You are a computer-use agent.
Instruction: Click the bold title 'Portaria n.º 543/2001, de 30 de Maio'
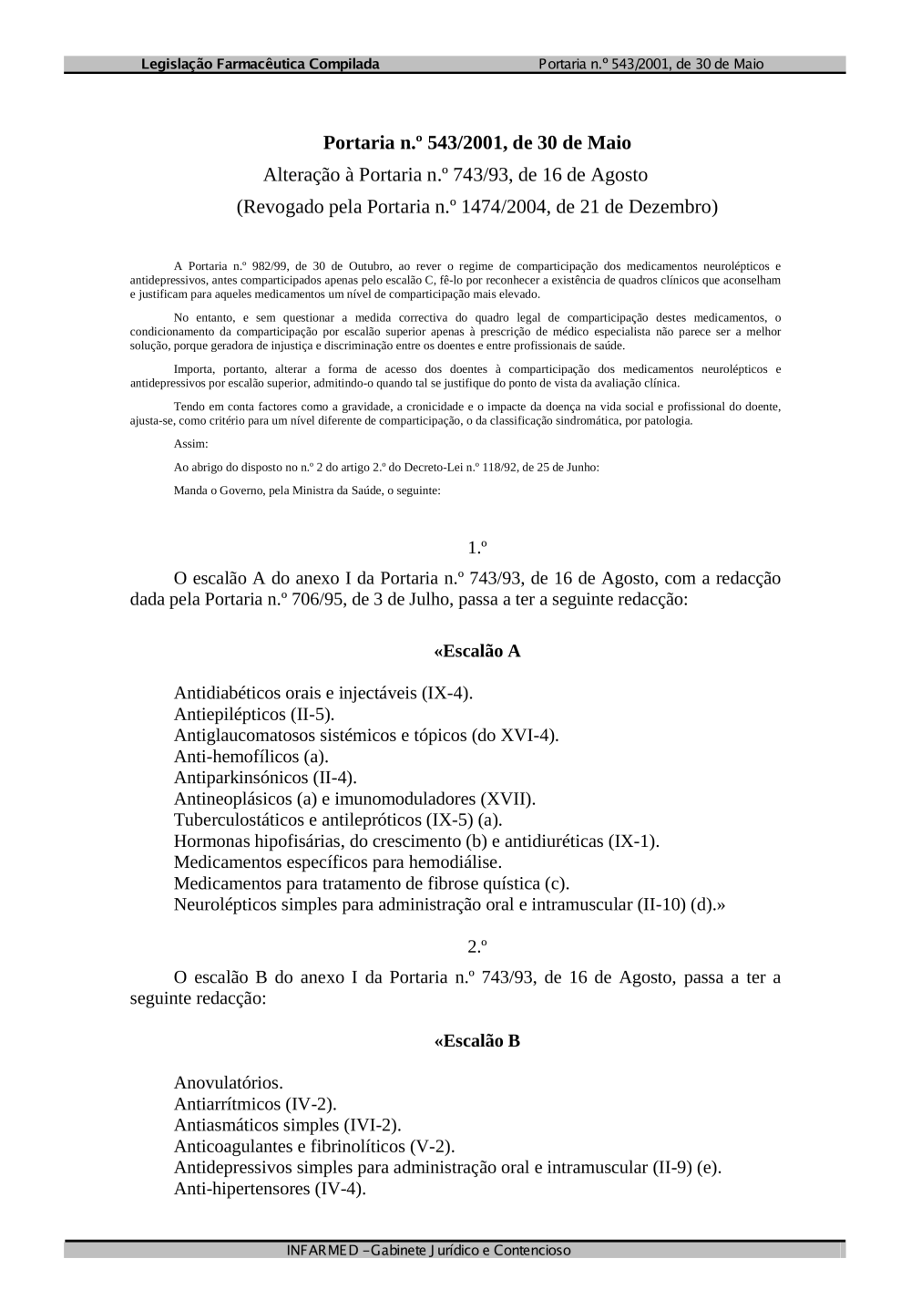coord(476,143)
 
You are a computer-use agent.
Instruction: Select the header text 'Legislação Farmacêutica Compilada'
coord(261,64)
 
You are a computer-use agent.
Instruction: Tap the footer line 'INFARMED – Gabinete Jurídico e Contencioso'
coord(428,1250)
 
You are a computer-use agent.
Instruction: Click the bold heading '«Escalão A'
coord(476,651)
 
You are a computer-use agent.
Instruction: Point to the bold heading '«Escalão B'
coord(476,1040)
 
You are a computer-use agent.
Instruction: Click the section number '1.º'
coord(476,548)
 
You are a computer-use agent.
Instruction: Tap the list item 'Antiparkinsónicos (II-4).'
coord(265,777)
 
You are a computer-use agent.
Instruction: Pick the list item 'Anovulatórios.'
coord(229,1083)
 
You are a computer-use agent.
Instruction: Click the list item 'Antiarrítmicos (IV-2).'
coord(255,1104)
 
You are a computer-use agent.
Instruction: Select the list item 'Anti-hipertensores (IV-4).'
coord(270,1189)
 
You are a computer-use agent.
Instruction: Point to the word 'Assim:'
coord(190,444)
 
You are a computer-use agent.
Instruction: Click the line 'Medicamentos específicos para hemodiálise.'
coord(338,862)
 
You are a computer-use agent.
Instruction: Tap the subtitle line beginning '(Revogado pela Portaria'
coord(476,207)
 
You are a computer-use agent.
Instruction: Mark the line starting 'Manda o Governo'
coord(307,490)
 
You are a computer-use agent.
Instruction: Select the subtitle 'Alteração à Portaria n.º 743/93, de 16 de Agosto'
coord(455,175)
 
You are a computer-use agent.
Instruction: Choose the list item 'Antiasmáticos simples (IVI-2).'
coord(287,1125)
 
